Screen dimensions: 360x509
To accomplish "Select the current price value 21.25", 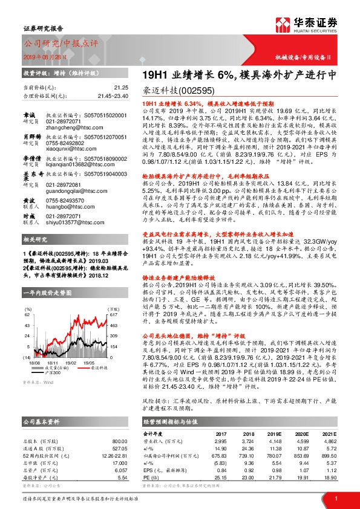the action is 119,88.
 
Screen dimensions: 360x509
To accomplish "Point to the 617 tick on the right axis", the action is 111,314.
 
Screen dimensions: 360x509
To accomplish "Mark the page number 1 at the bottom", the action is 335,498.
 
